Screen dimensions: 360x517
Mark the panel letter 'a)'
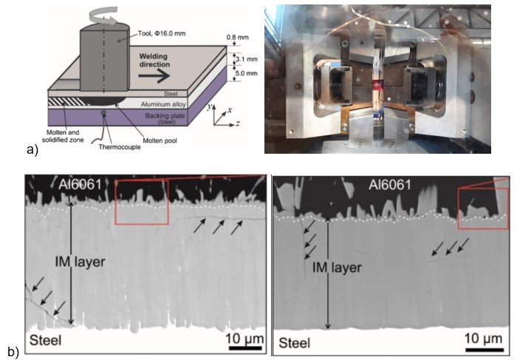coord(32,150)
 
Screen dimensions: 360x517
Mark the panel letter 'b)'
coord(12,347)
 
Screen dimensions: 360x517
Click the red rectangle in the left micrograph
coord(142,201)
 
